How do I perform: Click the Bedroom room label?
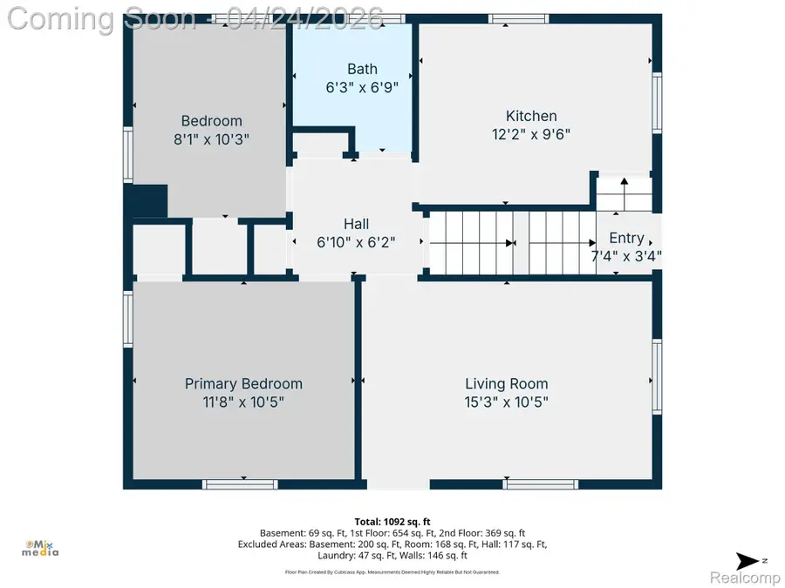211,121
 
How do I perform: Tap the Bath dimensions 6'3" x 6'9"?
362,87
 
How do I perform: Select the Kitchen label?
531,116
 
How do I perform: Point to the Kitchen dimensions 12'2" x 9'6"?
531,134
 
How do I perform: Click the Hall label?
355,224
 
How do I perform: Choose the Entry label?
626,238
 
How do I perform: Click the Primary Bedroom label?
243,383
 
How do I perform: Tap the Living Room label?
506,383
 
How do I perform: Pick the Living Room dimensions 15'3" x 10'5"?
506,402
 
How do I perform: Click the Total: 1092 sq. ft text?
392,520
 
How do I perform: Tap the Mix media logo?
40,546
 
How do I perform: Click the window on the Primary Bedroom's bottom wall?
241,483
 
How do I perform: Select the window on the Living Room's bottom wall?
540,483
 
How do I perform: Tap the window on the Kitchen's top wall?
518,18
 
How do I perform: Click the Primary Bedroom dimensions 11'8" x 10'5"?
243,402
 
